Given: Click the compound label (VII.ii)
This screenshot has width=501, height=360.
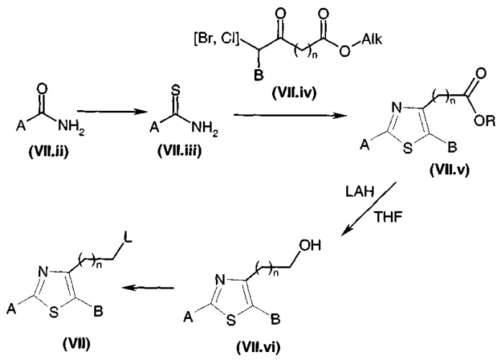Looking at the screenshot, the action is [x=48, y=152].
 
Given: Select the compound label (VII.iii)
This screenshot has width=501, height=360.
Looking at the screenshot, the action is [x=180, y=150].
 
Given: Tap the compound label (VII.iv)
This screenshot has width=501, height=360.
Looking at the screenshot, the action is [x=294, y=93].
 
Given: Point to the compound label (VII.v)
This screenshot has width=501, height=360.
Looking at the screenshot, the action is [x=450, y=169].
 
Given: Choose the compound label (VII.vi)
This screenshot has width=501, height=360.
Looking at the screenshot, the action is [x=258, y=347].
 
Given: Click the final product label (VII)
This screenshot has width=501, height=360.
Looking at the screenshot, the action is [x=76, y=344].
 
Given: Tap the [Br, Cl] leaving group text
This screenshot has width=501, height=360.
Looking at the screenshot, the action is [x=217, y=40].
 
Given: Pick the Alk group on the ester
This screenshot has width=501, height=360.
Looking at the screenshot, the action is [x=371, y=40].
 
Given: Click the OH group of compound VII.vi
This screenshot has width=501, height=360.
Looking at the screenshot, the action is [x=310, y=246].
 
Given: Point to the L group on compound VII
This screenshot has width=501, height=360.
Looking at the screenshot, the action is [x=128, y=239].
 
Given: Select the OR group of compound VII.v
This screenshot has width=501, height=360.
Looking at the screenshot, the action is [x=484, y=122].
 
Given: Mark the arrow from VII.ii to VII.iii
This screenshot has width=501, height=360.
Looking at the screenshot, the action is [x=109, y=112].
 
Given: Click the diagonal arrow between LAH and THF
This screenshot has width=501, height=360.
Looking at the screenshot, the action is [x=369, y=209].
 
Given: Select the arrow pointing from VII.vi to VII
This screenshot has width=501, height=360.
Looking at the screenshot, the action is [x=148, y=288].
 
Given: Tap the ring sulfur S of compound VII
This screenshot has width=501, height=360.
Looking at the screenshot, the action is [x=54, y=312].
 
